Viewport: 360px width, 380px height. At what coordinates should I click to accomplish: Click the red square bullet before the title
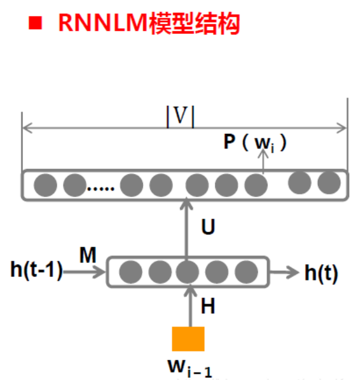(x=36, y=24)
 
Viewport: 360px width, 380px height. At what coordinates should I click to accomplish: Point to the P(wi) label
(x=255, y=142)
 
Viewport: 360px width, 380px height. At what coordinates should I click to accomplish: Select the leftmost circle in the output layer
(x=45, y=185)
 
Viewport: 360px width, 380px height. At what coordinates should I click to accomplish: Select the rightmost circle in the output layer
(x=329, y=184)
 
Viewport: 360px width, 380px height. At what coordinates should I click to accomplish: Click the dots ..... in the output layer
(x=101, y=189)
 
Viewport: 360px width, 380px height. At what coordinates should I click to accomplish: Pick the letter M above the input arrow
(x=87, y=256)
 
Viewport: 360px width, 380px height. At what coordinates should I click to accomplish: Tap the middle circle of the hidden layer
(x=187, y=272)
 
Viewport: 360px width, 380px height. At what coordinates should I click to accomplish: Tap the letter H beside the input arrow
(x=208, y=307)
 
